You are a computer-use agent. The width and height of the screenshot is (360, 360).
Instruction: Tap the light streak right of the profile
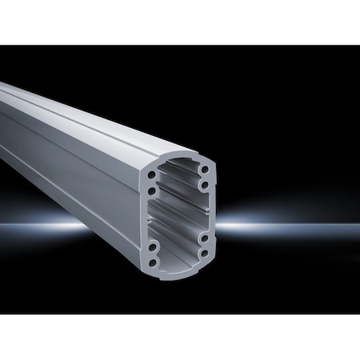pos(288,226)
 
